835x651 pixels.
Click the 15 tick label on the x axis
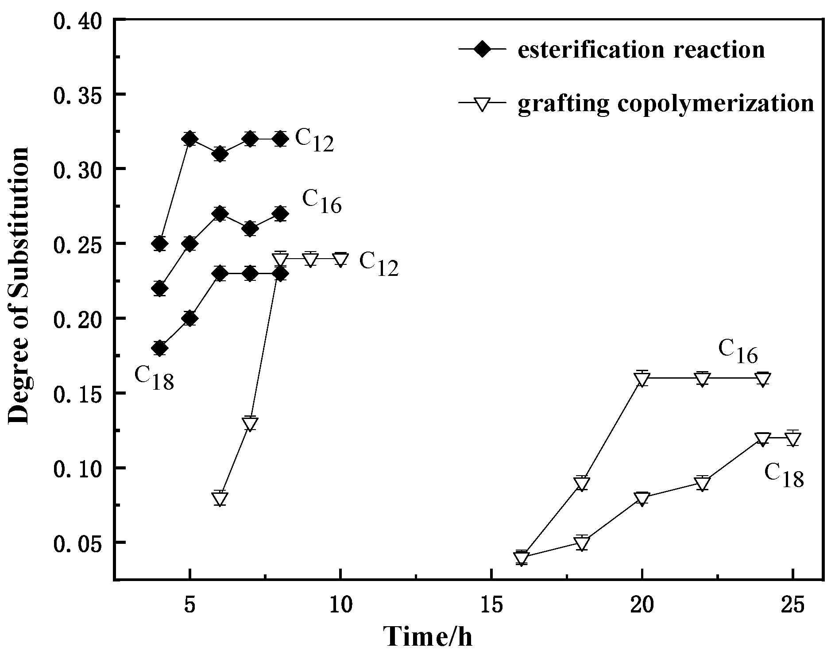pos(491,604)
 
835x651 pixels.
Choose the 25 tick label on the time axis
pos(793,604)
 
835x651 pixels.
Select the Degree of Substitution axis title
pos(19,285)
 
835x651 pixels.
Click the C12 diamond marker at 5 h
pos(189,139)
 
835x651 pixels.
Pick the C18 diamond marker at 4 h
pos(160,348)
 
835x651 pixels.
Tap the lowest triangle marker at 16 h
pos(522,558)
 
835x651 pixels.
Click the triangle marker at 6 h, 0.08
pos(220,499)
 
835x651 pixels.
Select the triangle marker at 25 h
pos(793,439)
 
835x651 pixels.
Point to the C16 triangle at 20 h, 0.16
pos(642,380)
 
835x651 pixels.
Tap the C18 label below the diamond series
pos(154,379)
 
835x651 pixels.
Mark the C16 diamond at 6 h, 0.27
pos(220,214)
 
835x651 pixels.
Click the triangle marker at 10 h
pos(340,260)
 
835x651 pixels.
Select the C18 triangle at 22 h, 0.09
pos(702,484)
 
